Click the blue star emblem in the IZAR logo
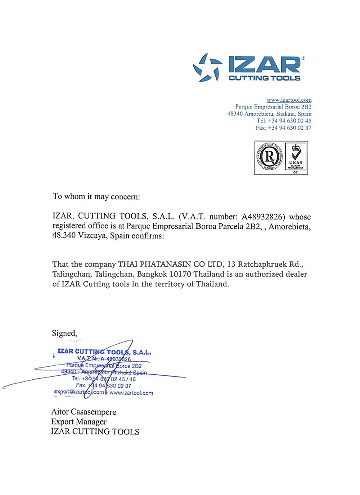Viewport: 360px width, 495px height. tap(206, 68)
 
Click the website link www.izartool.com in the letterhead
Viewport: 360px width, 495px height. tap(289, 100)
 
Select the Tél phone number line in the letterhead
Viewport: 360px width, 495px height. tap(284, 121)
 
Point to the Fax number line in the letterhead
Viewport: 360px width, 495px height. tap(283, 128)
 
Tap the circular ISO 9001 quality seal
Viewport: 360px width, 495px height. tap(269, 157)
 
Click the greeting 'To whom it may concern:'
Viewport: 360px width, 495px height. tap(96, 197)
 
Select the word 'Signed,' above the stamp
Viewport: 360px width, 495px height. tap(64, 333)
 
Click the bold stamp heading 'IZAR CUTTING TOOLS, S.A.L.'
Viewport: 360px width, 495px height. tap(104, 352)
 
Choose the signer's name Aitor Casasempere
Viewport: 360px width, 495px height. tap(84, 412)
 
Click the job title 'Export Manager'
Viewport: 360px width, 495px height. tap(79, 422)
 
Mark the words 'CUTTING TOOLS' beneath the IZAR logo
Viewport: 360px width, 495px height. tap(264, 78)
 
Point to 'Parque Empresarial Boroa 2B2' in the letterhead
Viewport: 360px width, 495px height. tap(273, 107)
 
